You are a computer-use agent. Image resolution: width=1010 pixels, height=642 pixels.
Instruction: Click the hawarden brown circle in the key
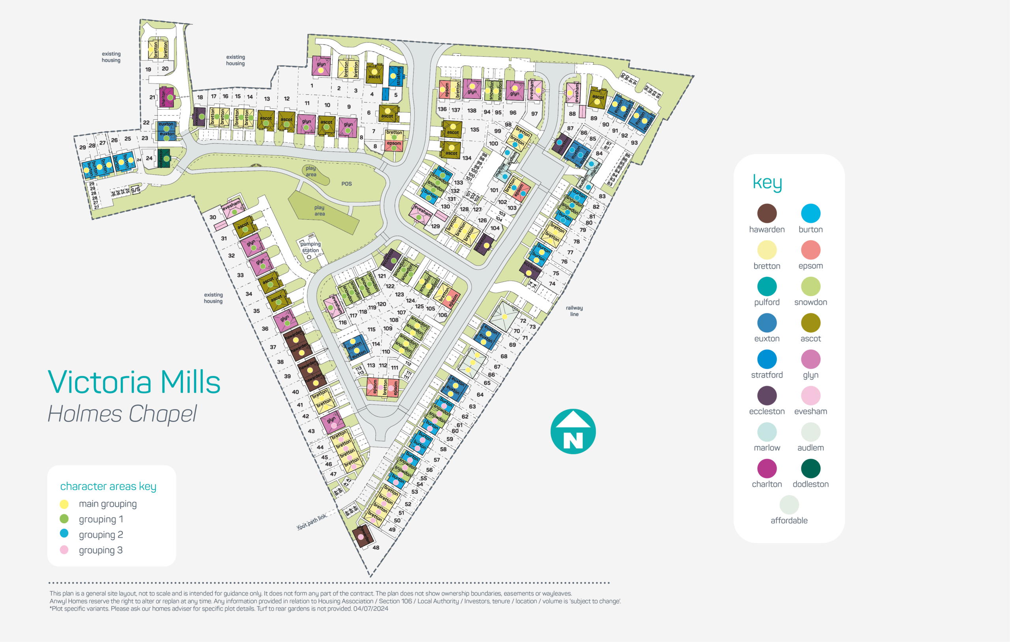point(767,213)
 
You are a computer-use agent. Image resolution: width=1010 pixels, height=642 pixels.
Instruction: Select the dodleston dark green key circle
point(810,468)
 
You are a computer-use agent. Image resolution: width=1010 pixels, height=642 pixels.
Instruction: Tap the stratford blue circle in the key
point(767,359)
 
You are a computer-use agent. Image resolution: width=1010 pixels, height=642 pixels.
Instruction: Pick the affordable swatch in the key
point(789,505)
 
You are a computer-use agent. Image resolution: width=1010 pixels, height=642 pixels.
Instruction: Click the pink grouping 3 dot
point(64,550)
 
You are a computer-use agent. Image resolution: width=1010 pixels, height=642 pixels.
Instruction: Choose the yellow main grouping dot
point(64,504)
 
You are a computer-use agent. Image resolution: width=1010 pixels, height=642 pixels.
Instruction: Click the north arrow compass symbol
point(573,431)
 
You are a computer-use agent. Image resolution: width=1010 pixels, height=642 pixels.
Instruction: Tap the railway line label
point(574,311)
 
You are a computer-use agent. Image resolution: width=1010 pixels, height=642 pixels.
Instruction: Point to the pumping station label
point(310,247)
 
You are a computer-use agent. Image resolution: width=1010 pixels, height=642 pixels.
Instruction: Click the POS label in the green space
point(346,184)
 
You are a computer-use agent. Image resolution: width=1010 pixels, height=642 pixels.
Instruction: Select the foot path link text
point(312,522)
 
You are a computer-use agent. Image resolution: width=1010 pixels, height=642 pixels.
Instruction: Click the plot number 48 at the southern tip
point(376,547)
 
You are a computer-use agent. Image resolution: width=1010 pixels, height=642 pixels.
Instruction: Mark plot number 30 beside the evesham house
point(213,217)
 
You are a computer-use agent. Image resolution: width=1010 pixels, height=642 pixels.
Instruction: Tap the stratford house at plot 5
point(396,77)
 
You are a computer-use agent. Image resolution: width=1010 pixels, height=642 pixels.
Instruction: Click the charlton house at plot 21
point(167,97)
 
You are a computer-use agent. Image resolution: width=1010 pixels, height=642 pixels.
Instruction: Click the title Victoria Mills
point(134,382)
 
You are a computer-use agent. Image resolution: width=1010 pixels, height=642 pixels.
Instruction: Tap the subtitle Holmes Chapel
point(122,414)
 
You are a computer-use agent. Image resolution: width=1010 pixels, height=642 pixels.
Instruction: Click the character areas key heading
point(108,486)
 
